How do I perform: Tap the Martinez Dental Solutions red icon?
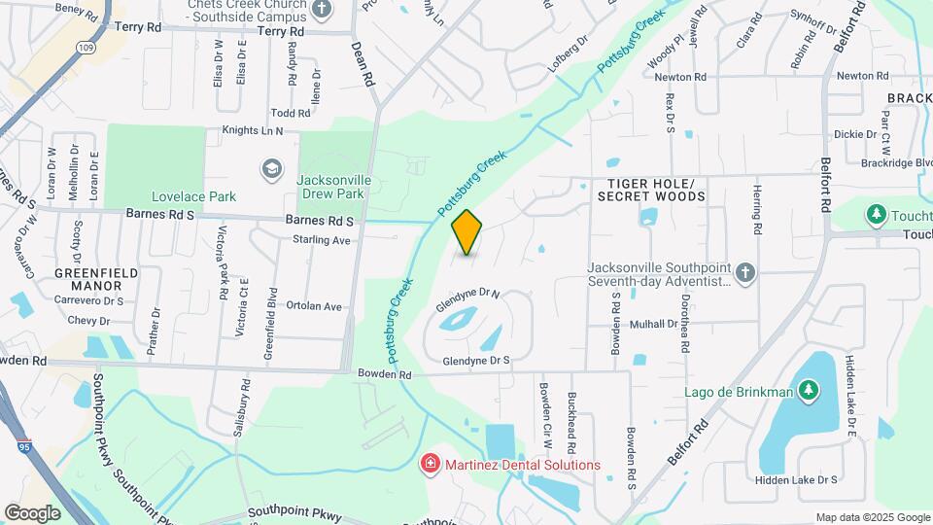(428, 465)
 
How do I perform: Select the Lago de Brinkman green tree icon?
(808, 391)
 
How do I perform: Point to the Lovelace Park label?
(193, 196)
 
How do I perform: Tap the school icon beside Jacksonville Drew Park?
(271, 170)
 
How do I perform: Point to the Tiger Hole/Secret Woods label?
(651, 190)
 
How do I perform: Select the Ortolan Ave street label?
(320, 307)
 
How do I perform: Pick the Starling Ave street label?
(321, 240)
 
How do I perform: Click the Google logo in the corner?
(33, 512)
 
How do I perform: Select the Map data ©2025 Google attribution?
(873, 517)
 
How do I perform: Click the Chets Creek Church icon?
(322, 9)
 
